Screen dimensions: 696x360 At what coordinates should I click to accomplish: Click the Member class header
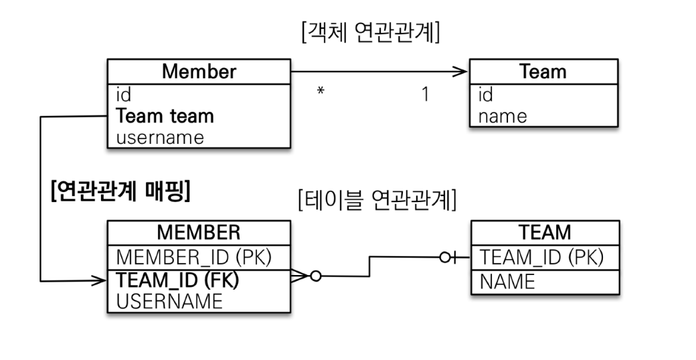[199, 72]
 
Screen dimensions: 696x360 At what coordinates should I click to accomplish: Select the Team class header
[543, 72]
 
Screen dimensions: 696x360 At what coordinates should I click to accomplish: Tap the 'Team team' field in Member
[165, 116]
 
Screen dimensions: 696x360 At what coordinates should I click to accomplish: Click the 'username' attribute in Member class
[160, 138]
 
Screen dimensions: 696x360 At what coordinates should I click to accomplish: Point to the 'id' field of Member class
[124, 94]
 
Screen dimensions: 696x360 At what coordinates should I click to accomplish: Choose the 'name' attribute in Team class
[503, 116]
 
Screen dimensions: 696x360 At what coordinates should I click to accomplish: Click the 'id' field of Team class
[486, 94]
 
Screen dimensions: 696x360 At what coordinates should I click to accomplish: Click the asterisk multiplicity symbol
[321, 92]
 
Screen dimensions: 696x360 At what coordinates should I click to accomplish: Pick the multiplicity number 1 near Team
[425, 94]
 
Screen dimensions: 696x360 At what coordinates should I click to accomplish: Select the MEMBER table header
[198, 232]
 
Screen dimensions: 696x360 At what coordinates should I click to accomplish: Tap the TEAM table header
[545, 232]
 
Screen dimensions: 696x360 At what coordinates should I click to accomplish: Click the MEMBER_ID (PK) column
[193, 257]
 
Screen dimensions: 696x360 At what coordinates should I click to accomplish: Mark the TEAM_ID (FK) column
[177, 280]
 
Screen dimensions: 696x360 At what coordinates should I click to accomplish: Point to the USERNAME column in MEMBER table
[169, 301]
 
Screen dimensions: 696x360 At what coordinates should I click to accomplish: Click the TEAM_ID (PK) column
[542, 257]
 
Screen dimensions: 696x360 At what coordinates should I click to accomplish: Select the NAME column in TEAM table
[507, 282]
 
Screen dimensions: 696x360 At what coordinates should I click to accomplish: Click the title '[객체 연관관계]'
[371, 32]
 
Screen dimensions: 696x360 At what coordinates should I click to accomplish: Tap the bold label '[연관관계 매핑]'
[120, 192]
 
